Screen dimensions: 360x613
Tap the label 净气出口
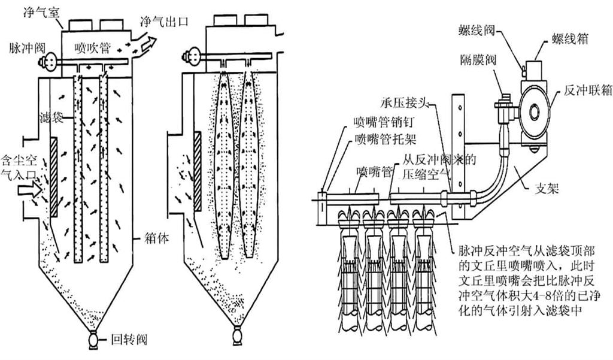pos(163,21)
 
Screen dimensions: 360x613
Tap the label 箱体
pos(157,237)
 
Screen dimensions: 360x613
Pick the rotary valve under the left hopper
pos(95,341)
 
